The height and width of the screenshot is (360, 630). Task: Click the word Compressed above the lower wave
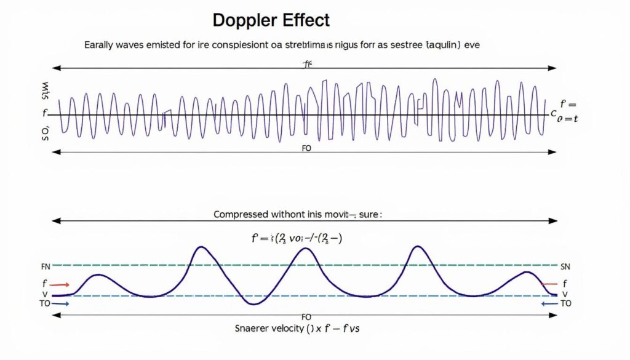[241, 215]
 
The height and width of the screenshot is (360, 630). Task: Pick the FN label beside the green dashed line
[46, 267]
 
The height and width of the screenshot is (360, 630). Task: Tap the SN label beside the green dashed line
[566, 267]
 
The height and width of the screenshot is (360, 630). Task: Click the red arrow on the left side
[60, 285]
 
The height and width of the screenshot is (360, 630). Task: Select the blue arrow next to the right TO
[548, 303]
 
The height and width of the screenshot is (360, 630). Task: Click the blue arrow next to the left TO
[63, 303]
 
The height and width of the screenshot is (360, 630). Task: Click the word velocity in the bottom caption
[287, 329]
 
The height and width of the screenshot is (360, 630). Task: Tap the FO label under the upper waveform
[306, 148]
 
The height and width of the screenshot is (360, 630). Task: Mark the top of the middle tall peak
[306, 249]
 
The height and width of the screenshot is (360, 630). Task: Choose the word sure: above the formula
[369, 215]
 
